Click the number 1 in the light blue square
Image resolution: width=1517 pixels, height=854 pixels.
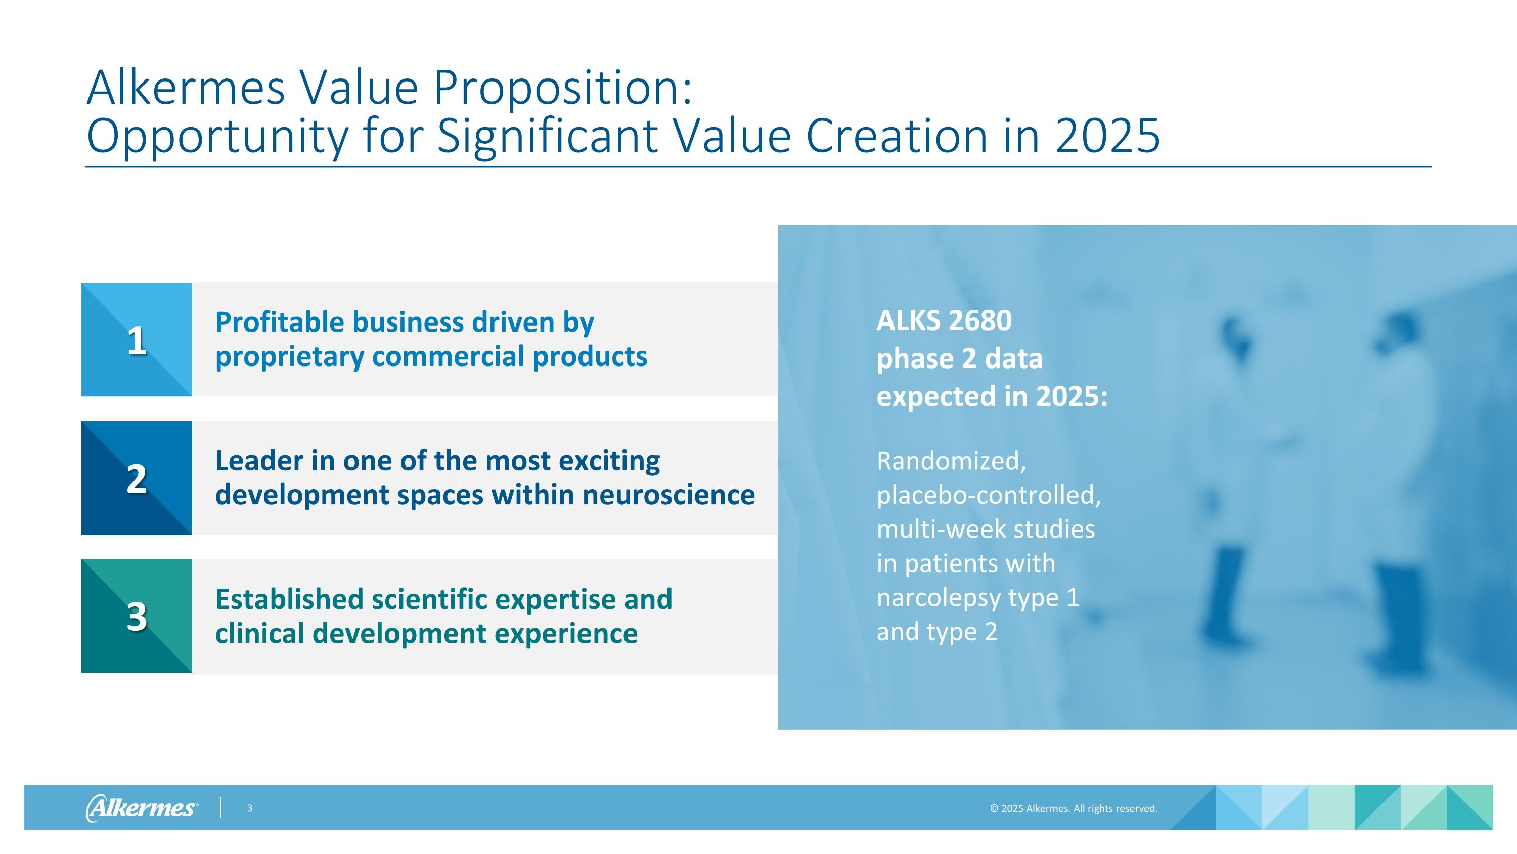pyautogui.click(x=137, y=341)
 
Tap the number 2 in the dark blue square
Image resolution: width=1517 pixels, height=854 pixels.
pyautogui.click(x=137, y=478)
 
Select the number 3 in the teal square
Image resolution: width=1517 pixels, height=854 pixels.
pyautogui.click(x=137, y=617)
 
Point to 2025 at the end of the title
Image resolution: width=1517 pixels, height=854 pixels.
pyautogui.click(x=1107, y=136)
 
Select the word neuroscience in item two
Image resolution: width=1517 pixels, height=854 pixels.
pyautogui.click(x=668, y=495)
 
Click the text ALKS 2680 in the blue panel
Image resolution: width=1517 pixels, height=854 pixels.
pyautogui.click(x=944, y=320)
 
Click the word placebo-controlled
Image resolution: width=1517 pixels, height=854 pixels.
pyautogui.click(x=988, y=495)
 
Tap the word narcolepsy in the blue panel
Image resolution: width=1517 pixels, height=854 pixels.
pyautogui.click(x=938, y=598)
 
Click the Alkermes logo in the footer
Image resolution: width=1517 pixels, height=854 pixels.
pyautogui.click(x=142, y=807)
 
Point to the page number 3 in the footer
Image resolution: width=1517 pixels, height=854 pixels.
pyautogui.click(x=250, y=808)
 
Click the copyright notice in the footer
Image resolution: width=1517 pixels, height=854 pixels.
pyautogui.click(x=1073, y=808)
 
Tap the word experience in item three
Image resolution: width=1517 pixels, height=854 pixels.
pyautogui.click(x=565, y=634)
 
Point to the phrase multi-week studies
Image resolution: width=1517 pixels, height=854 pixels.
pyautogui.click(x=985, y=529)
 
